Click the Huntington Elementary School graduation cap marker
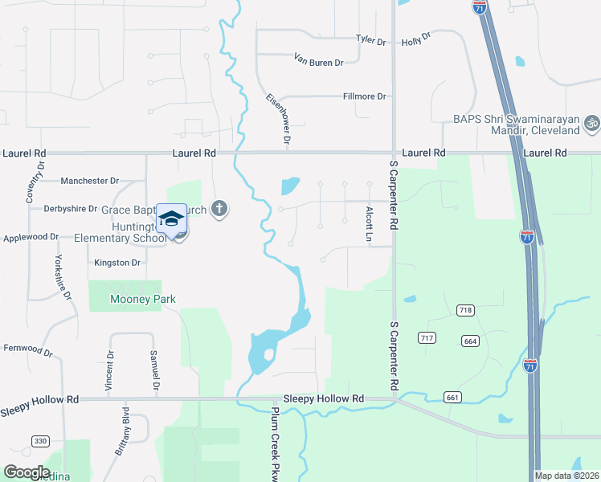[171, 219]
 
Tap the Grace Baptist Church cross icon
[220, 210]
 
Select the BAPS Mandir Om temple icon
[592, 124]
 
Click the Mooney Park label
[142, 300]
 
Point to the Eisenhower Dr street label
[278, 119]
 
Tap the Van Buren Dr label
[319, 61]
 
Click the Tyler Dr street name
[371, 39]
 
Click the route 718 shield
[464, 310]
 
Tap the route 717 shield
[427, 338]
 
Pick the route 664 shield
[471, 341]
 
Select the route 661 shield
[452, 397]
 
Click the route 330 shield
[40, 441]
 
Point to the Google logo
[27, 472]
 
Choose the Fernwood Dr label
[28, 350]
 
